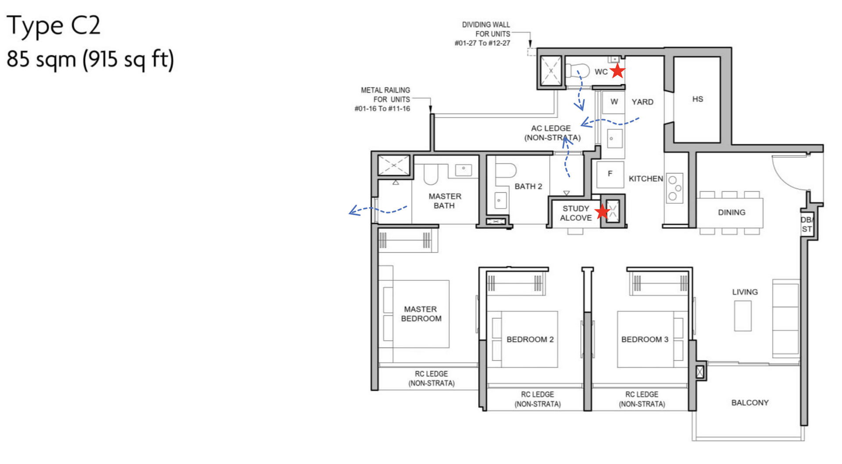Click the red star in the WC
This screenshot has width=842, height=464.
617,71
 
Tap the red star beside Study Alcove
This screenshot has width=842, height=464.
603,212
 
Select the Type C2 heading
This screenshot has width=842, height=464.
54,25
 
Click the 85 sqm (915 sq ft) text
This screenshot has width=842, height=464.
90,59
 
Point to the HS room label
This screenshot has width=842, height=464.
697,99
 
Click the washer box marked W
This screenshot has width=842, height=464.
614,102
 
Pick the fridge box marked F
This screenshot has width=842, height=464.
610,174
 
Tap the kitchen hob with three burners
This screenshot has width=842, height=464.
674,188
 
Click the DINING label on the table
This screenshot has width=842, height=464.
731,212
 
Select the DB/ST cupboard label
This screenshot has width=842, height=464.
807,224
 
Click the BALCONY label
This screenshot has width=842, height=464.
749,403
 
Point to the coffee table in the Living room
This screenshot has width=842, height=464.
742,316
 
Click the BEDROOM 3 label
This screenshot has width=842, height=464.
644,339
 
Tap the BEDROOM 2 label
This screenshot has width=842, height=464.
530,339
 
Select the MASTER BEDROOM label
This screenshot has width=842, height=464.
421,314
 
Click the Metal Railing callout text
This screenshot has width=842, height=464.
383,99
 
